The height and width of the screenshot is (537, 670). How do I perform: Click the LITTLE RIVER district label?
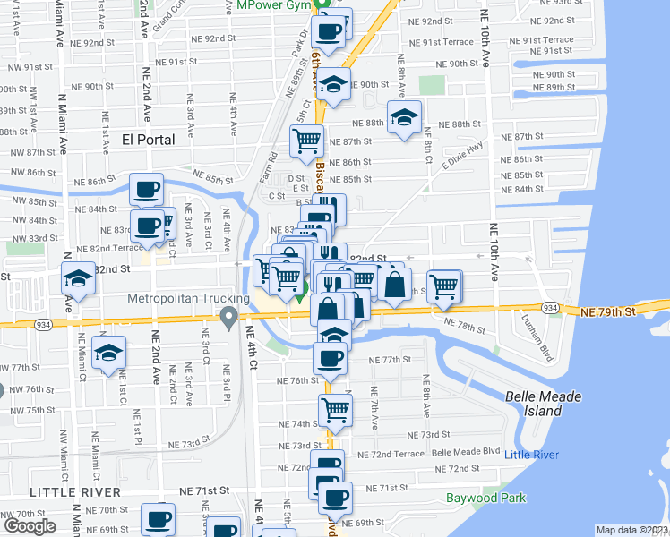[x=75, y=492]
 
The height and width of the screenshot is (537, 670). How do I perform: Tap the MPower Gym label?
[x=273, y=5]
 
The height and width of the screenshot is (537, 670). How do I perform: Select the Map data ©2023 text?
[x=631, y=530]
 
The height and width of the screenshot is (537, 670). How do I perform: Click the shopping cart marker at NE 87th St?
[x=306, y=140]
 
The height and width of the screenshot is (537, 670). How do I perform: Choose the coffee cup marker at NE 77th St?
[x=330, y=357]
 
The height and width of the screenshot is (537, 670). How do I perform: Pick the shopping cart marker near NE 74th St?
[x=335, y=410]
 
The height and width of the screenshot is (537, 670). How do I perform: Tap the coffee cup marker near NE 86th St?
[x=146, y=189]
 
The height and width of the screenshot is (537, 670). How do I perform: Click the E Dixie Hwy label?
[x=461, y=157]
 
